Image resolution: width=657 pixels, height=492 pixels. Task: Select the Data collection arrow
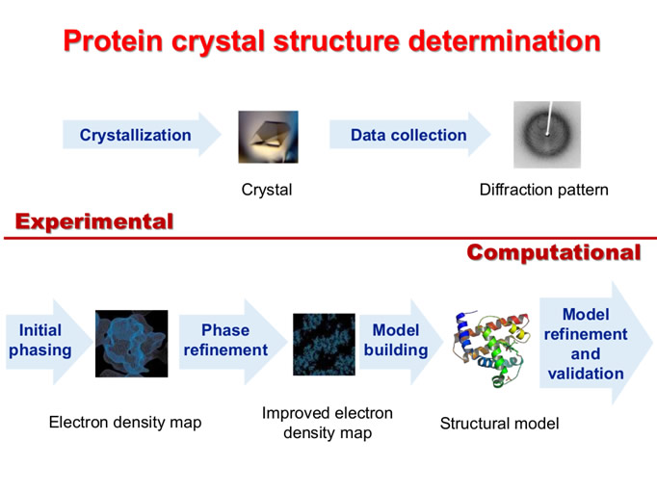(409, 135)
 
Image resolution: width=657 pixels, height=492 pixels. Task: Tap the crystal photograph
(268, 137)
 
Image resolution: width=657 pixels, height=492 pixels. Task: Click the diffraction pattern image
(547, 135)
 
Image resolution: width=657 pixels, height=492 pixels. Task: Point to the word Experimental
(94, 221)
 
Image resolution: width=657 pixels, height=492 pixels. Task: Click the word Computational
(554, 253)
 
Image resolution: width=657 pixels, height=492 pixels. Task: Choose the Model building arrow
(401, 342)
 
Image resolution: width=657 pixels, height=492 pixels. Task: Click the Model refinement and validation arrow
(595, 344)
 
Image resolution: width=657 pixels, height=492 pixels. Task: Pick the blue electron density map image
(132, 344)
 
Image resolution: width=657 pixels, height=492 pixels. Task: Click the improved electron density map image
(324, 344)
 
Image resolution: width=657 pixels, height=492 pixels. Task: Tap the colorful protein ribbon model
(491, 348)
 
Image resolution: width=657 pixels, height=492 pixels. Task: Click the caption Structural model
(499, 424)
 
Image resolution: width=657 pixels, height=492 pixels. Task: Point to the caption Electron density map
(125, 422)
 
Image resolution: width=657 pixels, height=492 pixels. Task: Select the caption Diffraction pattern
(544, 190)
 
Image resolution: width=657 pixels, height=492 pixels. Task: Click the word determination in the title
(505, 41)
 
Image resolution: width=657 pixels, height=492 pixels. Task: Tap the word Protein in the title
(113, 41)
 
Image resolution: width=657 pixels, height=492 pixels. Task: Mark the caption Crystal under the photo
(267, 190)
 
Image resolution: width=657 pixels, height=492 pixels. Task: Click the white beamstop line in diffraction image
(549, 117)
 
